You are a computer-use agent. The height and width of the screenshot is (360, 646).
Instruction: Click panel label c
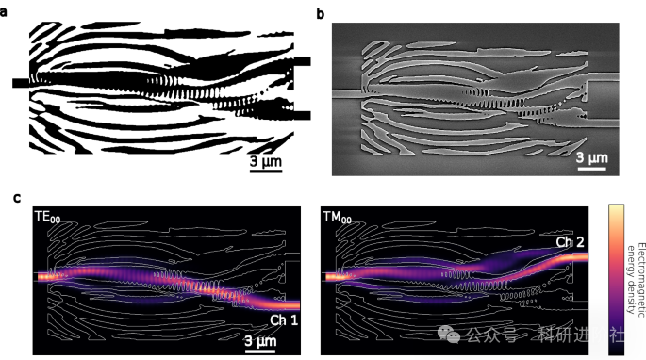[x=18, y=198]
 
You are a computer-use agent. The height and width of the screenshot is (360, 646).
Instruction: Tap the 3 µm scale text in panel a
[x=267, y=163]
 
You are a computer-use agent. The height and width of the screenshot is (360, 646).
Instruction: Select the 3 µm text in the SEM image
[x=591, y=155]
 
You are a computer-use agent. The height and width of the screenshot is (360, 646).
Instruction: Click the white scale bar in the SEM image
[x=591, y=168]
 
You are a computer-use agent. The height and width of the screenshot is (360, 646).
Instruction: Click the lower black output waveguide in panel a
[x=302, y=110]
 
